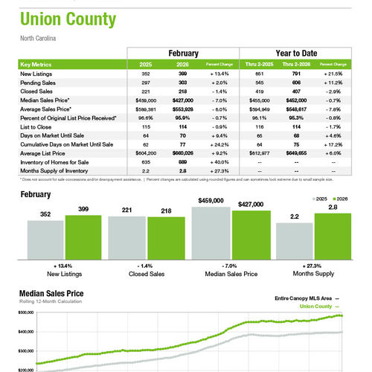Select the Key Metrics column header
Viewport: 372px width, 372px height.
(x=36, y=65)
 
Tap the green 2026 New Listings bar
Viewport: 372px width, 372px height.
(x=83, y=237)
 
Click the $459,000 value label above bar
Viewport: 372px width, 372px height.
(x=211, y=201)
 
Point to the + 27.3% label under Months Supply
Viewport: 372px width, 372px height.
(x=313, y=266)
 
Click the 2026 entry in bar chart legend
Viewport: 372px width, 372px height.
(x=341, y=199)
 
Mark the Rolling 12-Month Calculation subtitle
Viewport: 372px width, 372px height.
(x=51, y=302)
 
